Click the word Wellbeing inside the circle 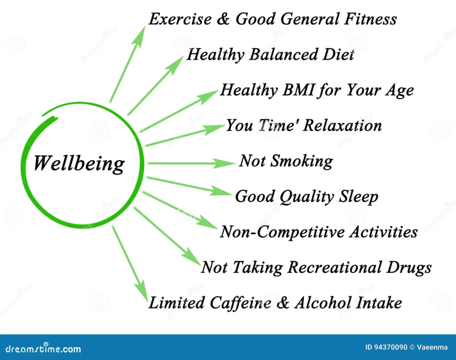(79, 164)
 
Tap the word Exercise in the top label (180, 19)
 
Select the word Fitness (370, 19)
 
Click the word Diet (338, 54)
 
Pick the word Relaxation (342, 125)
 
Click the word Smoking (301, 162)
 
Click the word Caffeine (240, 303)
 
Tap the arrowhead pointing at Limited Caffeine (143, 291)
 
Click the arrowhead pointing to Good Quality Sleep (220, 191)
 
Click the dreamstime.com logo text (43, 348)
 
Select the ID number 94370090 (390, 347)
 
